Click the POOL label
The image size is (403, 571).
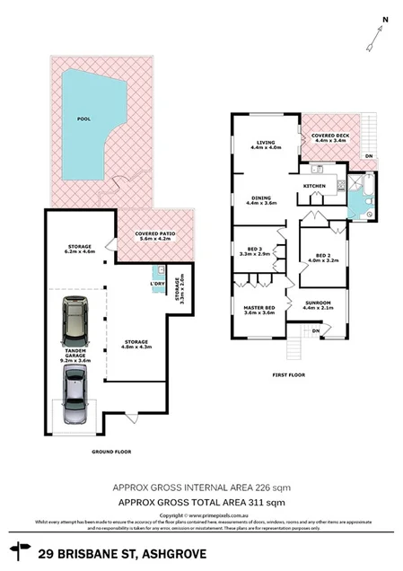[x=84, y=117]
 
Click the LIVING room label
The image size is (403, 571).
[x=265, y=144]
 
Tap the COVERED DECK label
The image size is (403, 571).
[x=329, y=137]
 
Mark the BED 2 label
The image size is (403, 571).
[x=319, y=257]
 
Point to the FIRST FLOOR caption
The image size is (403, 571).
[x=289, y=375]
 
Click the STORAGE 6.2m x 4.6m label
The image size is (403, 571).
[x=74, y=250]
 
